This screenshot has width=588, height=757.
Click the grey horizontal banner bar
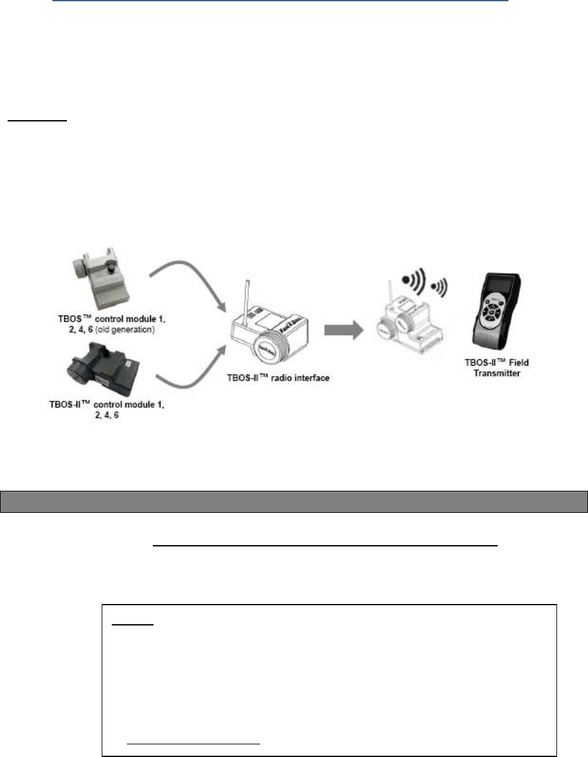[294, 501]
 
